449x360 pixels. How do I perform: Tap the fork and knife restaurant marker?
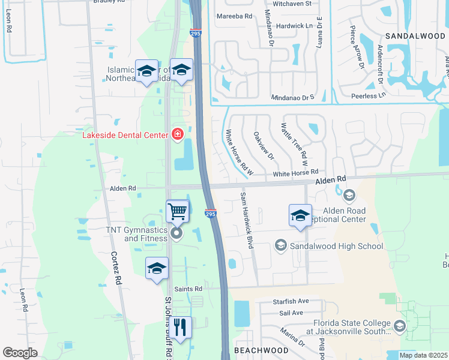tap(180, 328)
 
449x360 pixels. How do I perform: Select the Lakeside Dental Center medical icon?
tap(177, 134)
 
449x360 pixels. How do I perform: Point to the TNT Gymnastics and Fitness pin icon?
tap(176, 233)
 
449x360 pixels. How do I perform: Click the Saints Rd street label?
tap(189, 289)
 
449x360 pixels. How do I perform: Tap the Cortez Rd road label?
tap(117, 271)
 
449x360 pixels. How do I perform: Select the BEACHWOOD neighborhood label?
tap(261, 350)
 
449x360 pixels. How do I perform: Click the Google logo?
tap(20, 353)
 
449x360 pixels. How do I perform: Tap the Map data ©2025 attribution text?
tap(423, 355)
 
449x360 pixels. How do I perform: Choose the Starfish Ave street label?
tap(291, 301)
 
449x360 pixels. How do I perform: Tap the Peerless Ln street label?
tap(367, 96)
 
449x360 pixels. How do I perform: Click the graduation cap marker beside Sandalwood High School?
tap(300, 217)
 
